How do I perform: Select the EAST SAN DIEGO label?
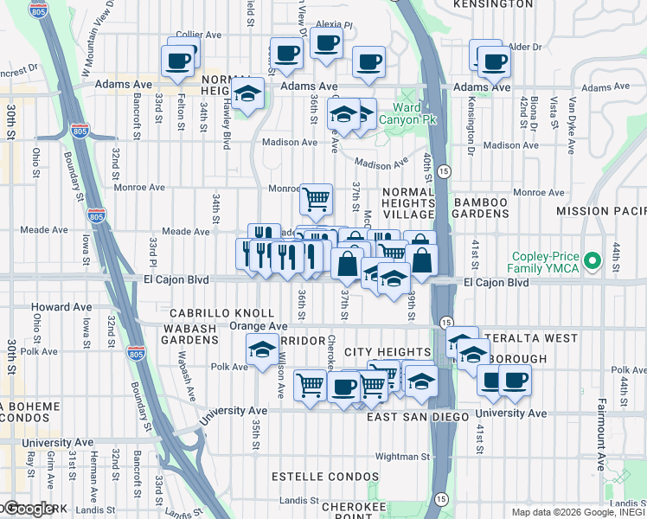(417, 417)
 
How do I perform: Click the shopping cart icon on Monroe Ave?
(317, 199)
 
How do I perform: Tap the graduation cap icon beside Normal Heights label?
(248, 94)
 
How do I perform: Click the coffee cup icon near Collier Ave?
(179, 61)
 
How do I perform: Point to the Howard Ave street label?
(61, 307)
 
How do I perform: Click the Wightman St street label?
(402, 456)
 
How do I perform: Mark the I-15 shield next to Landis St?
(442, 499)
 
